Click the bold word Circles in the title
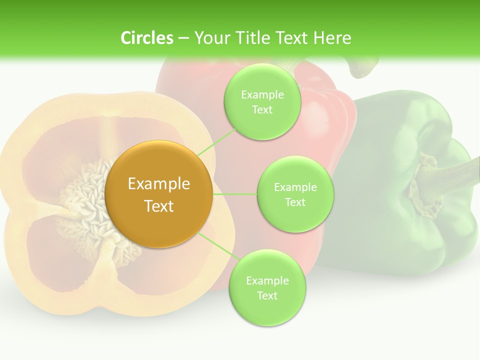tap(146, 37)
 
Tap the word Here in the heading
tap(332, 37)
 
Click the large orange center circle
tap(159, 194)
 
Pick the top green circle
tap(262, 102)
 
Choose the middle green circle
tap(295, 194)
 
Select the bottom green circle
tap(266, 288)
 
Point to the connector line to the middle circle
tap(235, 194)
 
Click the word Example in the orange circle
tap(159, 184)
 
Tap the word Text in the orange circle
tap(159, 206)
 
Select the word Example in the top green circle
tap(262, 95)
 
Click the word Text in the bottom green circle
tap(267, 295)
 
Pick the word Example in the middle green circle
tap(295, 187)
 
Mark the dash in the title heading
tap(183, 37)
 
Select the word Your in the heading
tap(210, 37)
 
